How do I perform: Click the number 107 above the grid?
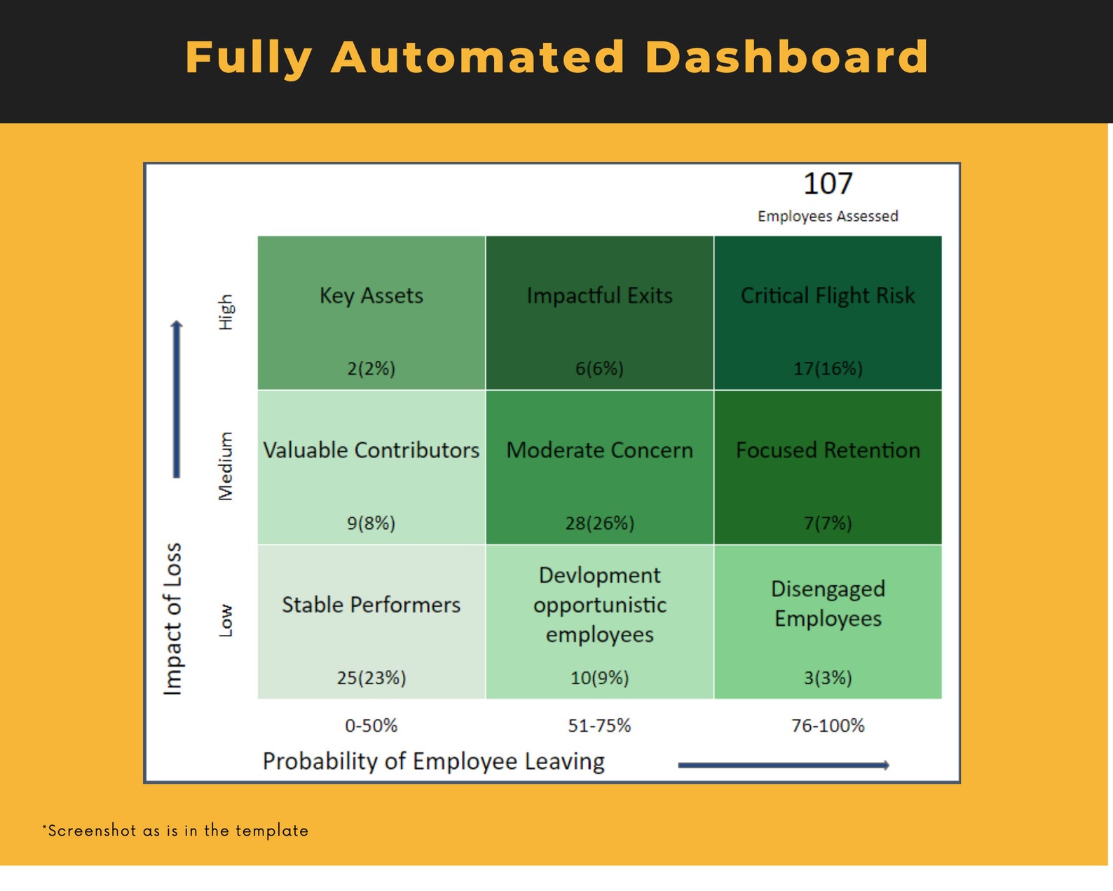pyautogui.click(x=828, y=184)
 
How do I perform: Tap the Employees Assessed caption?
pyautogui.click(x=828, y=216)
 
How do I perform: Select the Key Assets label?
pyautogui.click(x=371, y=296)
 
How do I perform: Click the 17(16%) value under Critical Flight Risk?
pyautogui.click(x=828, y=368)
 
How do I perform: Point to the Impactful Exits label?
pyautogui.click(x=599, y=296)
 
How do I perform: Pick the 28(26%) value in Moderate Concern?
pyautogui.click(x=599, y=523)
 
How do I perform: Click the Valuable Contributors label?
pyautogui.click(x=371, y=450)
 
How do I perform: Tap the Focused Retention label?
pyautogui.click(x=828, y=450)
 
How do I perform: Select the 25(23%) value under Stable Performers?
pyautogui.click(x=371, y=678)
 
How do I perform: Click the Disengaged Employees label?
pyautogui.click(x=828, y=603)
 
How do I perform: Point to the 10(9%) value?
pyautogui.click(x=599, y=678)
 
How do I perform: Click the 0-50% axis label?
pyautogui.click(x=371, y=725)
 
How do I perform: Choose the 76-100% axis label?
pyautogui.click(x=828, y=725)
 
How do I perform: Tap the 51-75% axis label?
pyautogui.click(x=599, y=725)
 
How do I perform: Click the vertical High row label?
pyautogui.click(x=226, y=312)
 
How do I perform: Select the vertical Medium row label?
pyautogui.click(x=226, y=467)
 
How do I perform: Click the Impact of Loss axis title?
pyautogui.click(x=173, y=619)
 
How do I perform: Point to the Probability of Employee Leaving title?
pyautogui.click(x=434, y=761)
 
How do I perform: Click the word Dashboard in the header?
pyautogui.click(x=786, y=57)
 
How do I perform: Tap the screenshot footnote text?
pyautogui.click(x=175, y=831)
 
